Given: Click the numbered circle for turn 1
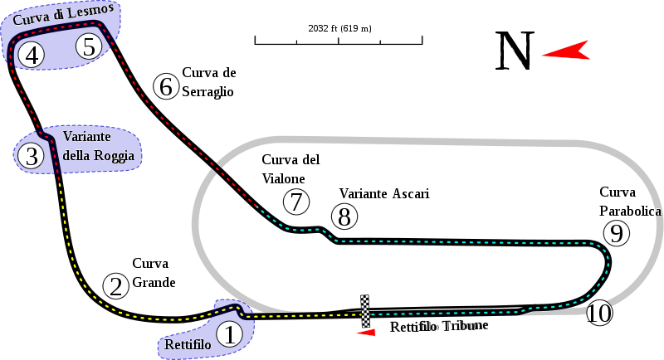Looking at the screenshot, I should (231, 334).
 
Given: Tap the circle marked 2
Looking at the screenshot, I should (116, 285).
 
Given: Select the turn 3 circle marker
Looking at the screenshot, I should (32, 155).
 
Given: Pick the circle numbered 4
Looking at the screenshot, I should (32, 56).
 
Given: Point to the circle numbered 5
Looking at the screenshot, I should (89, 46).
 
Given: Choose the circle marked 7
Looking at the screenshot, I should (295, 201).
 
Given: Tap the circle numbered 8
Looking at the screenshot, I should (344, 216).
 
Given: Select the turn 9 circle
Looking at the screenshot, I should (615, 234).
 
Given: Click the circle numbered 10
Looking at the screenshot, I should (598, 313).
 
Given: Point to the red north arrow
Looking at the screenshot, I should (564, 51).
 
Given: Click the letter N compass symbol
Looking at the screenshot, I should (515, 50).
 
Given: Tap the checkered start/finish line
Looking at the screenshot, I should (364, 310).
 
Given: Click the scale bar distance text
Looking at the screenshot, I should (339, 28).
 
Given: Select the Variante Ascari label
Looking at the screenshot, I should (383, 193).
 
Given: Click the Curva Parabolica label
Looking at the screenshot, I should (629, 202).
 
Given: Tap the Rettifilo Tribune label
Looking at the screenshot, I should (439, 326).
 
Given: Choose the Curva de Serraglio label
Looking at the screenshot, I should (208, 82).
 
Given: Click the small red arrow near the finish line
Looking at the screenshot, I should (365, 332).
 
